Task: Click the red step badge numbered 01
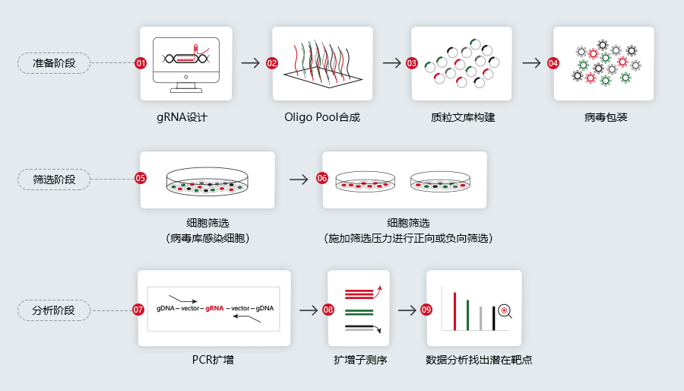141,63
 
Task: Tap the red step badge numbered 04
553,63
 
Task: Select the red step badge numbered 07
138,310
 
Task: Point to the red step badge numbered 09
426,310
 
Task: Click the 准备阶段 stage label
54,63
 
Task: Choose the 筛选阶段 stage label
54,180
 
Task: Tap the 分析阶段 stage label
54,310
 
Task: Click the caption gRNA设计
182,117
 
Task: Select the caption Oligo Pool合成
322,117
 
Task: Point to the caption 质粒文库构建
463,117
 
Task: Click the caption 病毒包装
606,117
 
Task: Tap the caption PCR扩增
213,360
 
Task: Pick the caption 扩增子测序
360,360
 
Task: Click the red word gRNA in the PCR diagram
214,308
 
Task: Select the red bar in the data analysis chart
454,311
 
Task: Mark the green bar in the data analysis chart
467,315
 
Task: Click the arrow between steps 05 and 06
299,179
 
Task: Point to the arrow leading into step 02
250,63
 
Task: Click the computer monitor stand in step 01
186,87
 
